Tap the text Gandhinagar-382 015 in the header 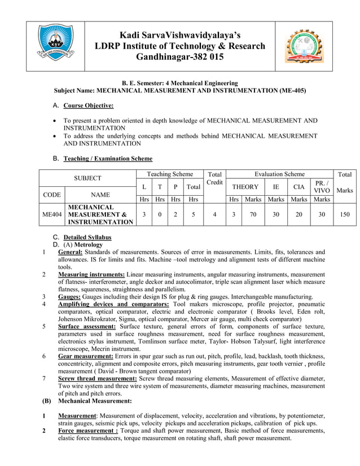click(x=179, y=58)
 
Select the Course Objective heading click(x=88, y=105)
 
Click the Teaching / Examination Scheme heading click(x=108, y=159)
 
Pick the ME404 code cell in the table click(x=52, y=214)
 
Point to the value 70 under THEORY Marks click(x=253, y=214)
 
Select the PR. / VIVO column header click(x=321, y=186)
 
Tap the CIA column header click(x=298, y=186)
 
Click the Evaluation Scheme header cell click(x=279, y=174)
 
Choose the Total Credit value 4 click(x=214, y=214)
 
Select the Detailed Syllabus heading click(x=87, y=238)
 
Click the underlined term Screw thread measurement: click(x=98, y=379)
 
